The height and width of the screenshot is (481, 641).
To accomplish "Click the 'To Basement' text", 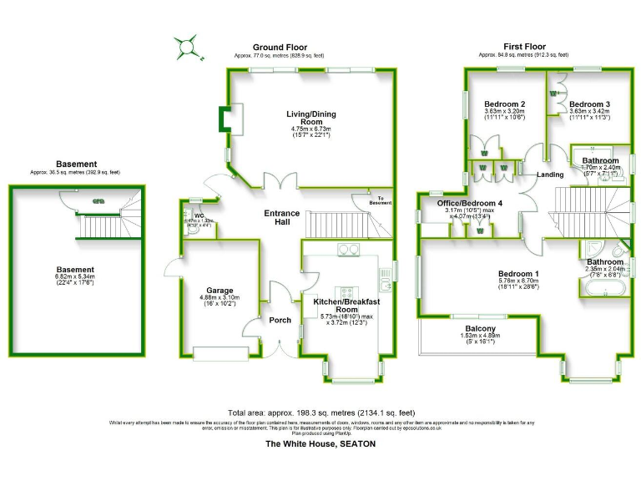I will point(379,200).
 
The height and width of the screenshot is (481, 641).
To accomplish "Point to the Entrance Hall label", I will point(281,219).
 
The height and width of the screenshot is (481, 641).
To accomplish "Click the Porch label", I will point(280,320).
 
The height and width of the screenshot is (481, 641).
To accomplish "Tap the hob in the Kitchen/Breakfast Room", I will point(348,249).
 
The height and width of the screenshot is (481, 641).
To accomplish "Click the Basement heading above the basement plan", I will point(77,164).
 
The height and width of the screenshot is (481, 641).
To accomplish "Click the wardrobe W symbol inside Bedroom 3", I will point(553,94).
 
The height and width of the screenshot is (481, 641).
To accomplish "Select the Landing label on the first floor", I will point(550,175).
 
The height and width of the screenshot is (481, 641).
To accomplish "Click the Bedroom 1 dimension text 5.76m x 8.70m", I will point(518,281).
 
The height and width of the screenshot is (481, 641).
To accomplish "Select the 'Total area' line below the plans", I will point(320,413).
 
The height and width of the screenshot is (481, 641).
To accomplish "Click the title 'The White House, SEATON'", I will point(320,444).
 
